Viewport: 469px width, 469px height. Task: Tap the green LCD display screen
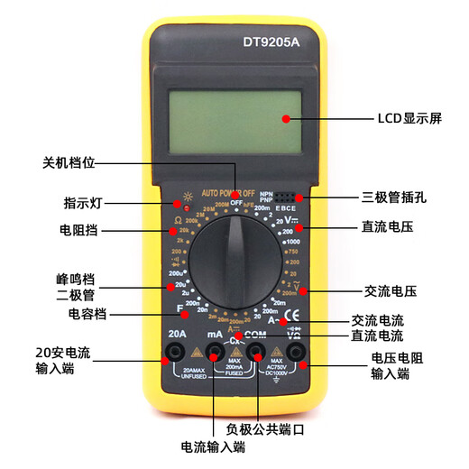coord(234,117)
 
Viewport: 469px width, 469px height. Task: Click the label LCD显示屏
coord(411,118)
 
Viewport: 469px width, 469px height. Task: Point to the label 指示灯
coord(80,202)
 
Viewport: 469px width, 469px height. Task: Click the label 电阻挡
coord(78,231)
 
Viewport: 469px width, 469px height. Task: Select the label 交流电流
coord(378,320)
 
